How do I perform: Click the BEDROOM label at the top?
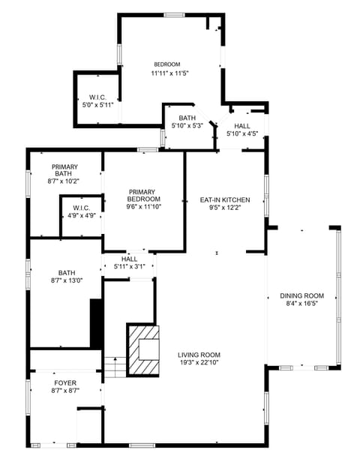[x=167, y=64]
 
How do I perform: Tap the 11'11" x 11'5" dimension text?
[x=169, y=73]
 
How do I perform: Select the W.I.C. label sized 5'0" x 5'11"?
[x=97, y=97]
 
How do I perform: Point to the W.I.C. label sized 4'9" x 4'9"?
[x=82, y=208]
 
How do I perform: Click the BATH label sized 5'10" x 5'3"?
[x=187, y=118]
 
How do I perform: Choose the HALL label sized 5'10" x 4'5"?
[x=242, y=126]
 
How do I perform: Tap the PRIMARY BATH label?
[x=64, y=170]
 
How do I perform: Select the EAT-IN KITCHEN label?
[x=225, y=199]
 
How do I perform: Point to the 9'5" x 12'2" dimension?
[x=225, y=208]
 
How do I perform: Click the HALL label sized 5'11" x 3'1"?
[x=129, y=259]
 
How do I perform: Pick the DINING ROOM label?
[x=302, y=295]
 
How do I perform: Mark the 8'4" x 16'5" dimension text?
[x=302, y=304]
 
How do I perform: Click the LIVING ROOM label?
[x=199, y=355]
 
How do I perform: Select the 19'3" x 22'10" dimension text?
[x=199, y=363]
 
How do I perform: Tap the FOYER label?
[x=65, y=382]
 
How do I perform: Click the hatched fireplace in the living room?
[x=144, y=349]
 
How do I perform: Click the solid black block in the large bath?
[x=96, y=322]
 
